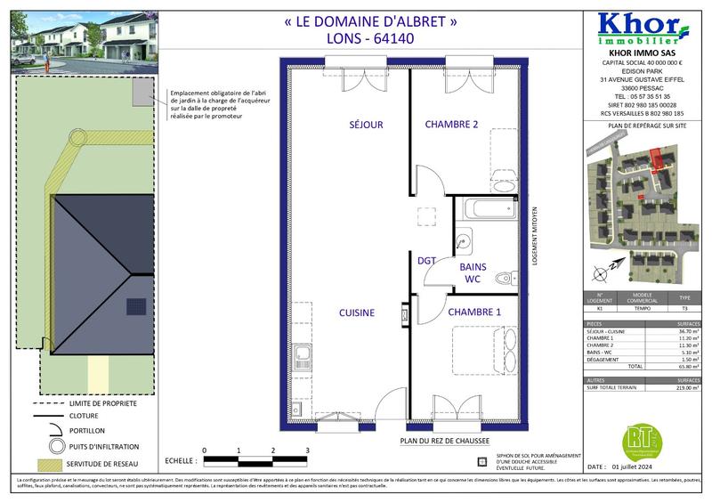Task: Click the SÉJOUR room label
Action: (366, 125)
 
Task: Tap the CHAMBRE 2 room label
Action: (451, 125)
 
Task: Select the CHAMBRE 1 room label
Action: (473, 312)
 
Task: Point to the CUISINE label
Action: (356, 313)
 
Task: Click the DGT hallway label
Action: (426, 260)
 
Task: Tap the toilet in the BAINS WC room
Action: (505, 275)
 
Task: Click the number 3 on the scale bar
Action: (307, 450)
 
